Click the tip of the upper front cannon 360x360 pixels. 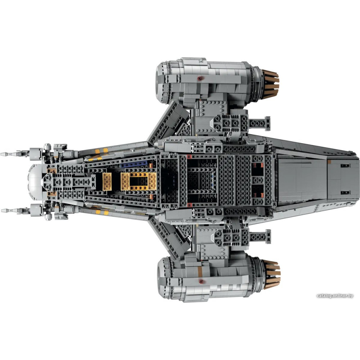coord(1,154)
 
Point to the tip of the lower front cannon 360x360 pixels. coord(1,210)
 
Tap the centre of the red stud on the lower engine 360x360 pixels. coord(201,281)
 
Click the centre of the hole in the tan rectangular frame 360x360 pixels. coord(139,181)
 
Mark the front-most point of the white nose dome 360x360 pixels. coord(28,181)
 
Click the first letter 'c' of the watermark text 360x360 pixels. coord(318,296)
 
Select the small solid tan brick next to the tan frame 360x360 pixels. coord(107,181)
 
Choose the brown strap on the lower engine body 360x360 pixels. coord(200,271)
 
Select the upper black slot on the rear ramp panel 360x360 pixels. coord(345,166)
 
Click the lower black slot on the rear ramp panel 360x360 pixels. coord(345,192)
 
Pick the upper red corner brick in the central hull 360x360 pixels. coord(189,157)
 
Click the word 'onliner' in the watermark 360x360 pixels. coord(339,296)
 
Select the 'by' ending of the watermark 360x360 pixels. coord(350,296)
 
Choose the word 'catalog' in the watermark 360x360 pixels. coord(324,296)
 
